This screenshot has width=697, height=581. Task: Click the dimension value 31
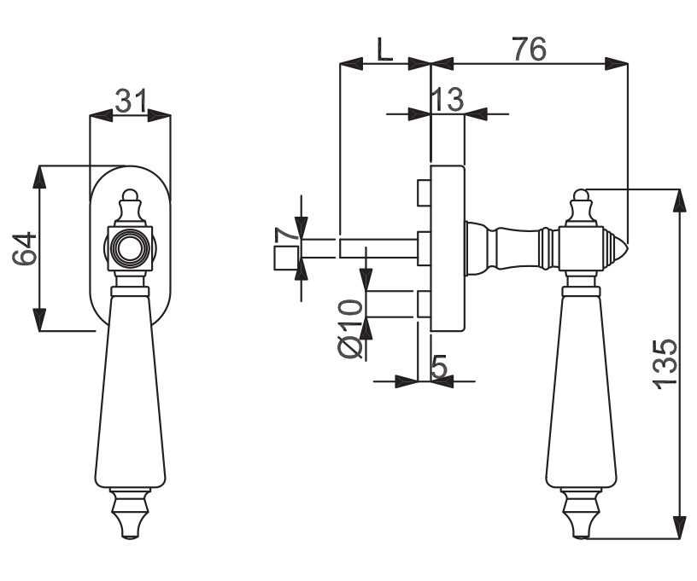click(131, 102)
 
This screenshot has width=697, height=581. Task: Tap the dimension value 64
click(25, 248)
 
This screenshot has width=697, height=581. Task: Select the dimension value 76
click(529, 49)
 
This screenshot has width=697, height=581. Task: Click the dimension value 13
click(448, 100)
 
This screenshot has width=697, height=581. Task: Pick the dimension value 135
click(665, 365)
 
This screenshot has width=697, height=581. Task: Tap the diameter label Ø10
click(351, 329)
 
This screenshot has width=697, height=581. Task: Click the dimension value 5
click(439, 367)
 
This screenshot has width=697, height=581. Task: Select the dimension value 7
click(287, 235)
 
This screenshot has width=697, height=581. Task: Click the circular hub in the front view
click(130, 248)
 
